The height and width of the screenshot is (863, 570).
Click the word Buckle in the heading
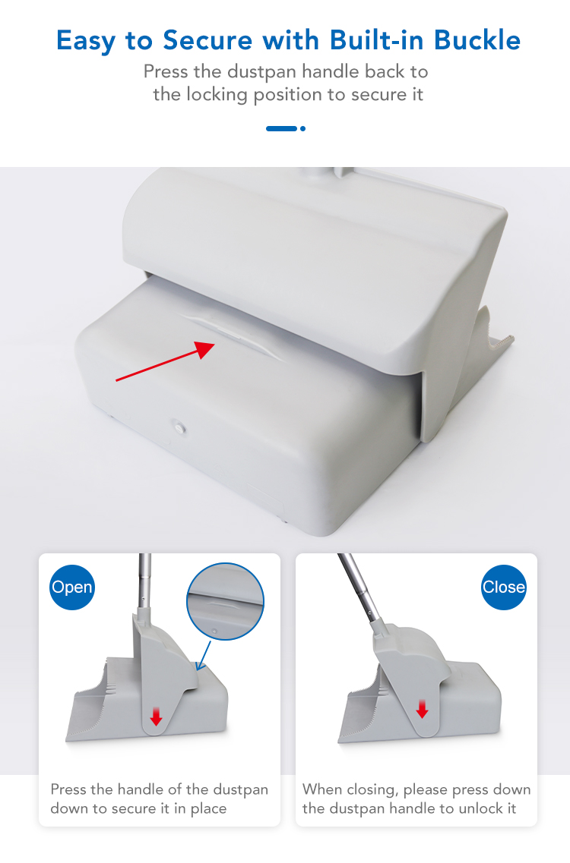(x=477, y=40)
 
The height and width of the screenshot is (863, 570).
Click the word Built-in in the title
(x=377, y=40)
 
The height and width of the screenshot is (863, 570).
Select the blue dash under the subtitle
(x=282, y=128)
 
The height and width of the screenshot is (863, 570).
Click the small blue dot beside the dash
(x=302, y=128)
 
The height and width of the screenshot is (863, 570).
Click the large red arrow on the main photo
(x=166, y=361)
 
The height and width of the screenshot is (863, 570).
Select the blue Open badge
(x=71, y=587)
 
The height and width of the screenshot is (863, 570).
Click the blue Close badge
(x=504, y=587)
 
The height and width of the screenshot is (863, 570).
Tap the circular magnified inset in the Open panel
(x=226, y=601)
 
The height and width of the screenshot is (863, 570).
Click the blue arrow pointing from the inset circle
(x=204, y=655)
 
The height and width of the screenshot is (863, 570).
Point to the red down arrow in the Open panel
(x=156, y=716)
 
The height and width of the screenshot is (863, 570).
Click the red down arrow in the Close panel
(x=423, y=709)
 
